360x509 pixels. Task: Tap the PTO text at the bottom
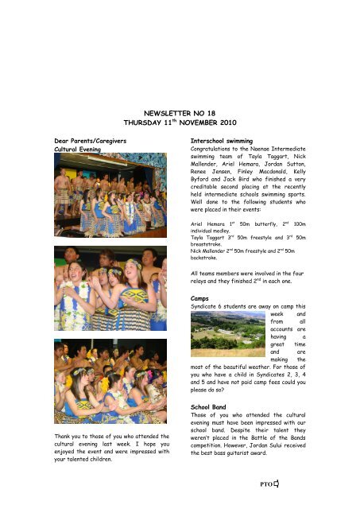(x=312, y=483)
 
